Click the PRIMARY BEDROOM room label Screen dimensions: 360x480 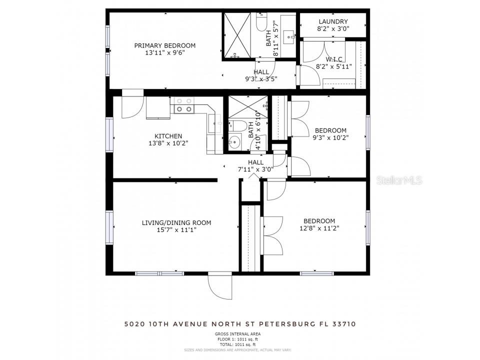click(164, 45)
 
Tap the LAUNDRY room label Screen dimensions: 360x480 click(332, 21)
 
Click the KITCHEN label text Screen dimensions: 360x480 click(168, 136)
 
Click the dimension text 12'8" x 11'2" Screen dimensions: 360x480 click(319, 229)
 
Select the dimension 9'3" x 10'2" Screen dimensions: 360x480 click(330, 137)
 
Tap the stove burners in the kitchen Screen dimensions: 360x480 click(183, 104)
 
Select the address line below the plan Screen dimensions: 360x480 click(240, 324)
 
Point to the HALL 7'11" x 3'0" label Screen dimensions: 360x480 click(255, 165)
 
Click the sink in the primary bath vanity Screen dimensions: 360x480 click(289, 35)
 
